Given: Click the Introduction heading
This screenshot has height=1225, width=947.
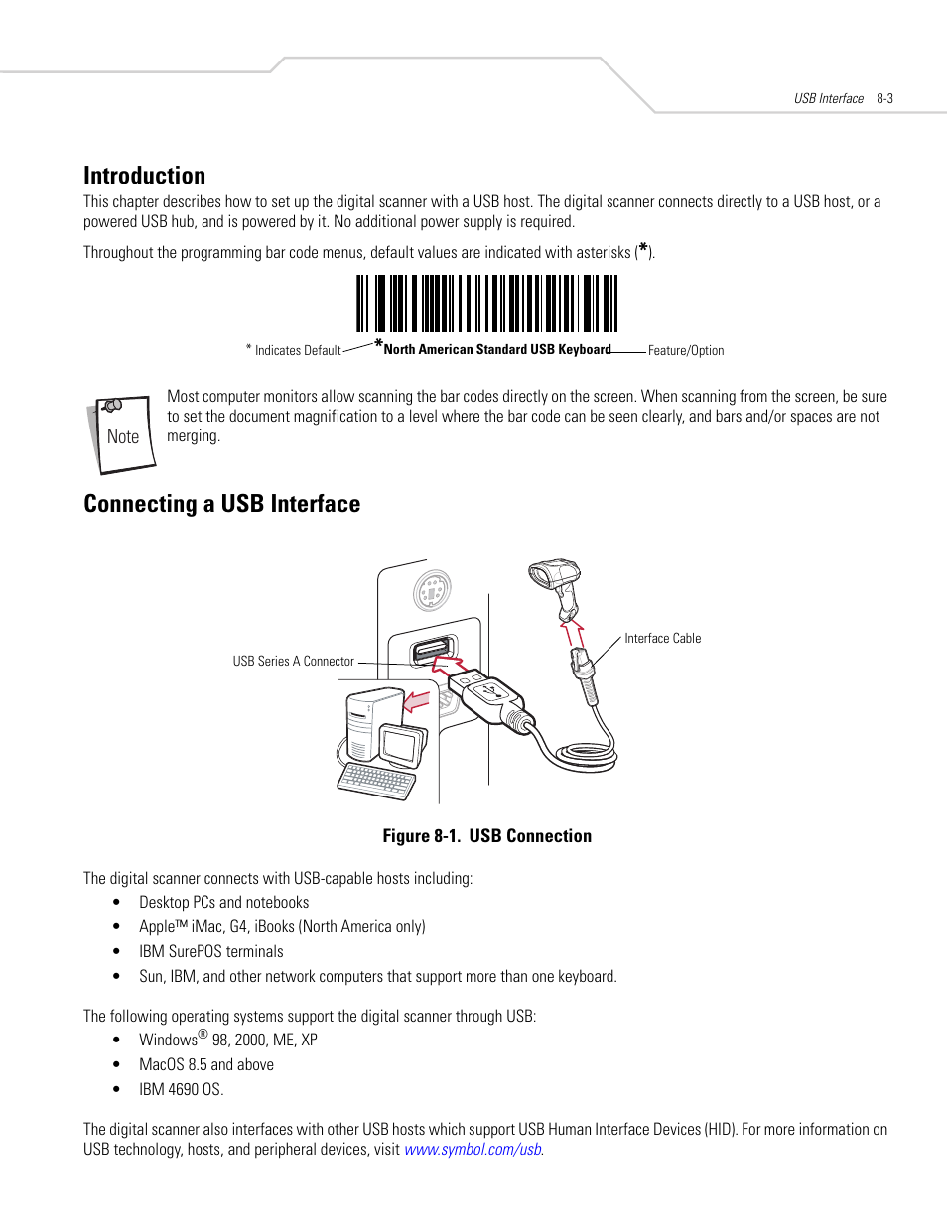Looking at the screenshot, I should pyautogui.click(x=144, y=176).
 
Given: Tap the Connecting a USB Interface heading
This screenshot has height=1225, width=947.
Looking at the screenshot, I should pyautogui.click(x=221, y=504).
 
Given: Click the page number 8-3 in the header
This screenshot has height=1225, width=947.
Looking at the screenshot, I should pyautogui.click(x=884, y=98).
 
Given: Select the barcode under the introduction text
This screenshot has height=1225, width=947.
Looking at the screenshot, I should pyautogui.click(x=486, y=304).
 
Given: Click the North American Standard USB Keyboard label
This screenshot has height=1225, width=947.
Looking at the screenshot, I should pyautogui.click(x=496, y=349).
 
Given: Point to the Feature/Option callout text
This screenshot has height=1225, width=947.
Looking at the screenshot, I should pyautogui.click(x=685, y=350).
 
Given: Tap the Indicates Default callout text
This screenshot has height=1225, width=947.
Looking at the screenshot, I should pyautogui.click(x=297, y=350).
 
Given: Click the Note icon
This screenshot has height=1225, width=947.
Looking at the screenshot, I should pyautogui.click(x=122, y=433).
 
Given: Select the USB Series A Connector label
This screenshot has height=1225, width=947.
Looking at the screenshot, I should pyautogui.click(x=293, y=661).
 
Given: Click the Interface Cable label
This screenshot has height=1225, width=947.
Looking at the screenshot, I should pyautogui.click(x=662, y=638).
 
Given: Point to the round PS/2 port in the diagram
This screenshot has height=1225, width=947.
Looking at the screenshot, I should pyautogui.click(x=432, y=592).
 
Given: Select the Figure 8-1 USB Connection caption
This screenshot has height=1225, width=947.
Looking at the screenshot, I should pyautogui.click(x=486, y=836).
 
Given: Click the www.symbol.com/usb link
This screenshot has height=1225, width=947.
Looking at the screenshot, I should pyautogui.click(x=473, y=1149).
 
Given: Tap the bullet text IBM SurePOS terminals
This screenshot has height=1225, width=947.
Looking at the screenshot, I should pyautogui.click(x=210, y=951).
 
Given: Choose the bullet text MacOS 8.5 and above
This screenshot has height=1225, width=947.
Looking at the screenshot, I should pyautogui.click(x=205, y=1064).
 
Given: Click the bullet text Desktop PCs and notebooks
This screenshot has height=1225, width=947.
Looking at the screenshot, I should pyautogui.click(x=223, y=902).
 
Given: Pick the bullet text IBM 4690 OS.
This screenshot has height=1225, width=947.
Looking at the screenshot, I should pyautogui.click(x=181, y=1089).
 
